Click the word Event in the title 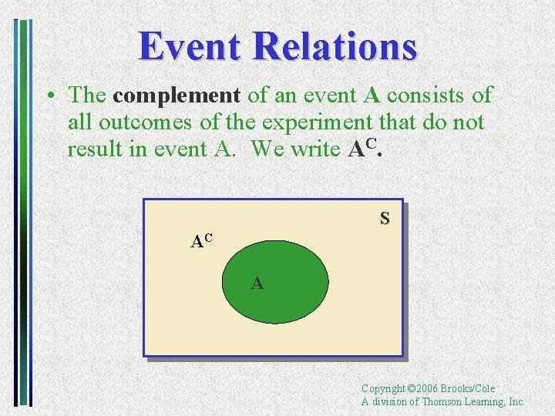190,45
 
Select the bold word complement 177,96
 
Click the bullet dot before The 49,96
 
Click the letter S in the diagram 384,219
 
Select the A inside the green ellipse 257,283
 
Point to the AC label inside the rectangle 202,240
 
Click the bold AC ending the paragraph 365,147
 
